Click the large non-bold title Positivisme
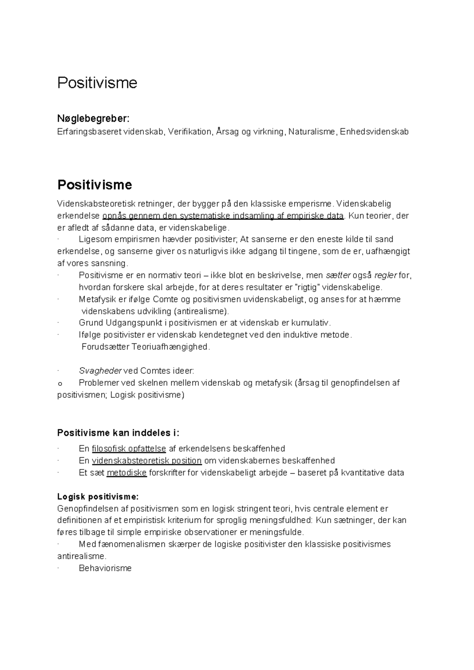pyautogui.click(x=97, y=83)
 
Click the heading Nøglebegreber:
pyautogui.click(x=93, y=118)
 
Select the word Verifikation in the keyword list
pyautogui.click(x=190, y=132)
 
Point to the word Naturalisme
pyautogui.click(x=311, y=132)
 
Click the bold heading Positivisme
pyautogui.click(x=94, y=185)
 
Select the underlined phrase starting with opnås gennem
pyautogui.click(x=223, y=216)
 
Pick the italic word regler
pyautogui.click(x=386, y=276)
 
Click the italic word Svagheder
pyautogui.click(x=100, y=371)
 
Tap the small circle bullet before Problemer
pyautogui.click(x=60, y=383)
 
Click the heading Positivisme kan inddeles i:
pyautogui.click(x=118, y=433)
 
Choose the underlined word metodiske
pyautogui.click(x=126, y=473)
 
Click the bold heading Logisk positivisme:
pyautogui.click(x=98, y=497)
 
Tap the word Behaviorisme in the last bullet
pyautogui.click(x=105, y=569)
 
